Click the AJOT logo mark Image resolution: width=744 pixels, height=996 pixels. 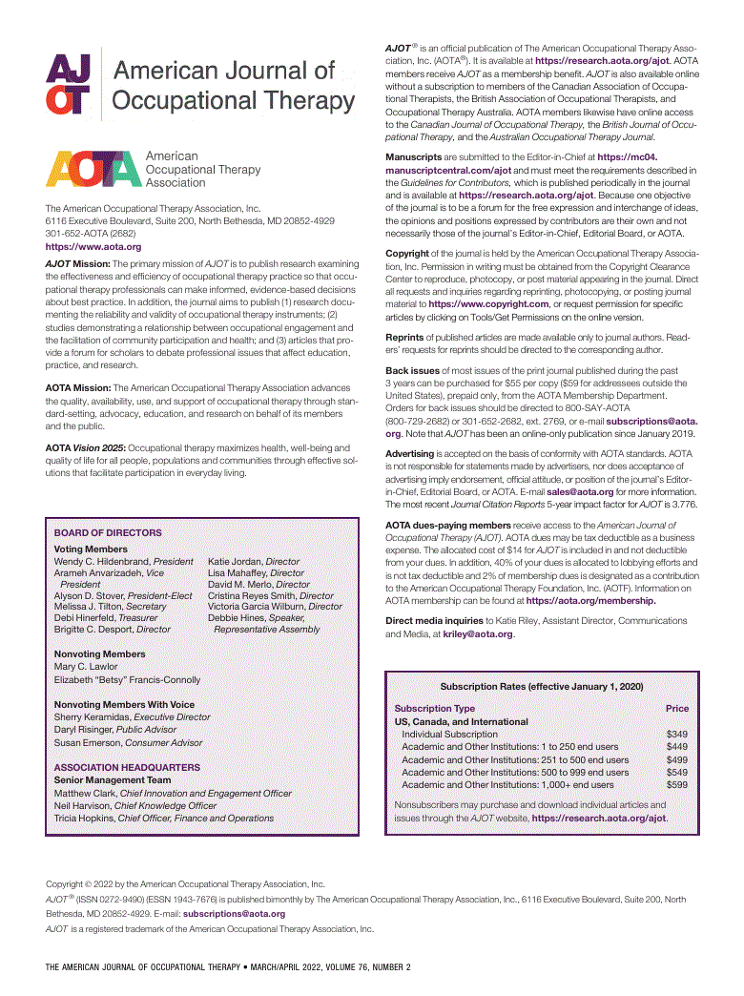[69, 85]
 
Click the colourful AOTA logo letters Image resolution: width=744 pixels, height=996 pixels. [93, 169]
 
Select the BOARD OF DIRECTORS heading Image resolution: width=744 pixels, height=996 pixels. [108, 533]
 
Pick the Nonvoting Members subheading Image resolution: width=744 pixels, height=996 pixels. [99, 654]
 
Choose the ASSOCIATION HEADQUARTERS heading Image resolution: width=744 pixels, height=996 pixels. [127, 767]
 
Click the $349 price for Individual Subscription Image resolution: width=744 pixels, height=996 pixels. [676, 735]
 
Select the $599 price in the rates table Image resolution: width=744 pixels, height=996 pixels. [676, 784]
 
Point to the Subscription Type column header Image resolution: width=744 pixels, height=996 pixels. [434, 709]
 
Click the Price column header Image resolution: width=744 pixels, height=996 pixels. [676, 709]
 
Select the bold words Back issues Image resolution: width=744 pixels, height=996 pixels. [412, 370]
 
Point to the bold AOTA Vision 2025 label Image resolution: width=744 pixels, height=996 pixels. [85, 447]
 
